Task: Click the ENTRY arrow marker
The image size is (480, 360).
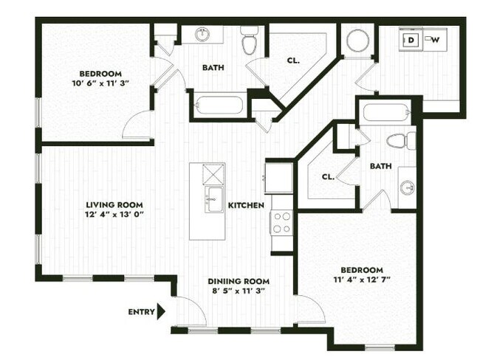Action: [162, 311]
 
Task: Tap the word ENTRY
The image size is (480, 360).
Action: [141, 312]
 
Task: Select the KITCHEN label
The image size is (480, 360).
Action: [246, 205]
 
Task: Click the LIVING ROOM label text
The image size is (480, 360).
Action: [114, 205]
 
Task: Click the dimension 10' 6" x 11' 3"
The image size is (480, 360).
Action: [100, 83]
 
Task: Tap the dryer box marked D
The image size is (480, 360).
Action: [411, 40]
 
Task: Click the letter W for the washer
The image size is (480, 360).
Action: [436, 40]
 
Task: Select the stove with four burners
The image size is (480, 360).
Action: [282, 222]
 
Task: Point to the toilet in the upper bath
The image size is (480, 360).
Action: [250, 41]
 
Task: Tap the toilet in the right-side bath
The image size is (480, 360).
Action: [397, 141]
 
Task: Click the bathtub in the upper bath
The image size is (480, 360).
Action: [220, 104]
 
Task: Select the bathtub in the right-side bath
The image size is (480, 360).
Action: [385, 113]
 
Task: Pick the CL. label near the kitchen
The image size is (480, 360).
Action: [329, 177]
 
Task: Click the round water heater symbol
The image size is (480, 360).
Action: [357, 40]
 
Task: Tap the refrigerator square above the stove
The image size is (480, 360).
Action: [280, 177]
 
